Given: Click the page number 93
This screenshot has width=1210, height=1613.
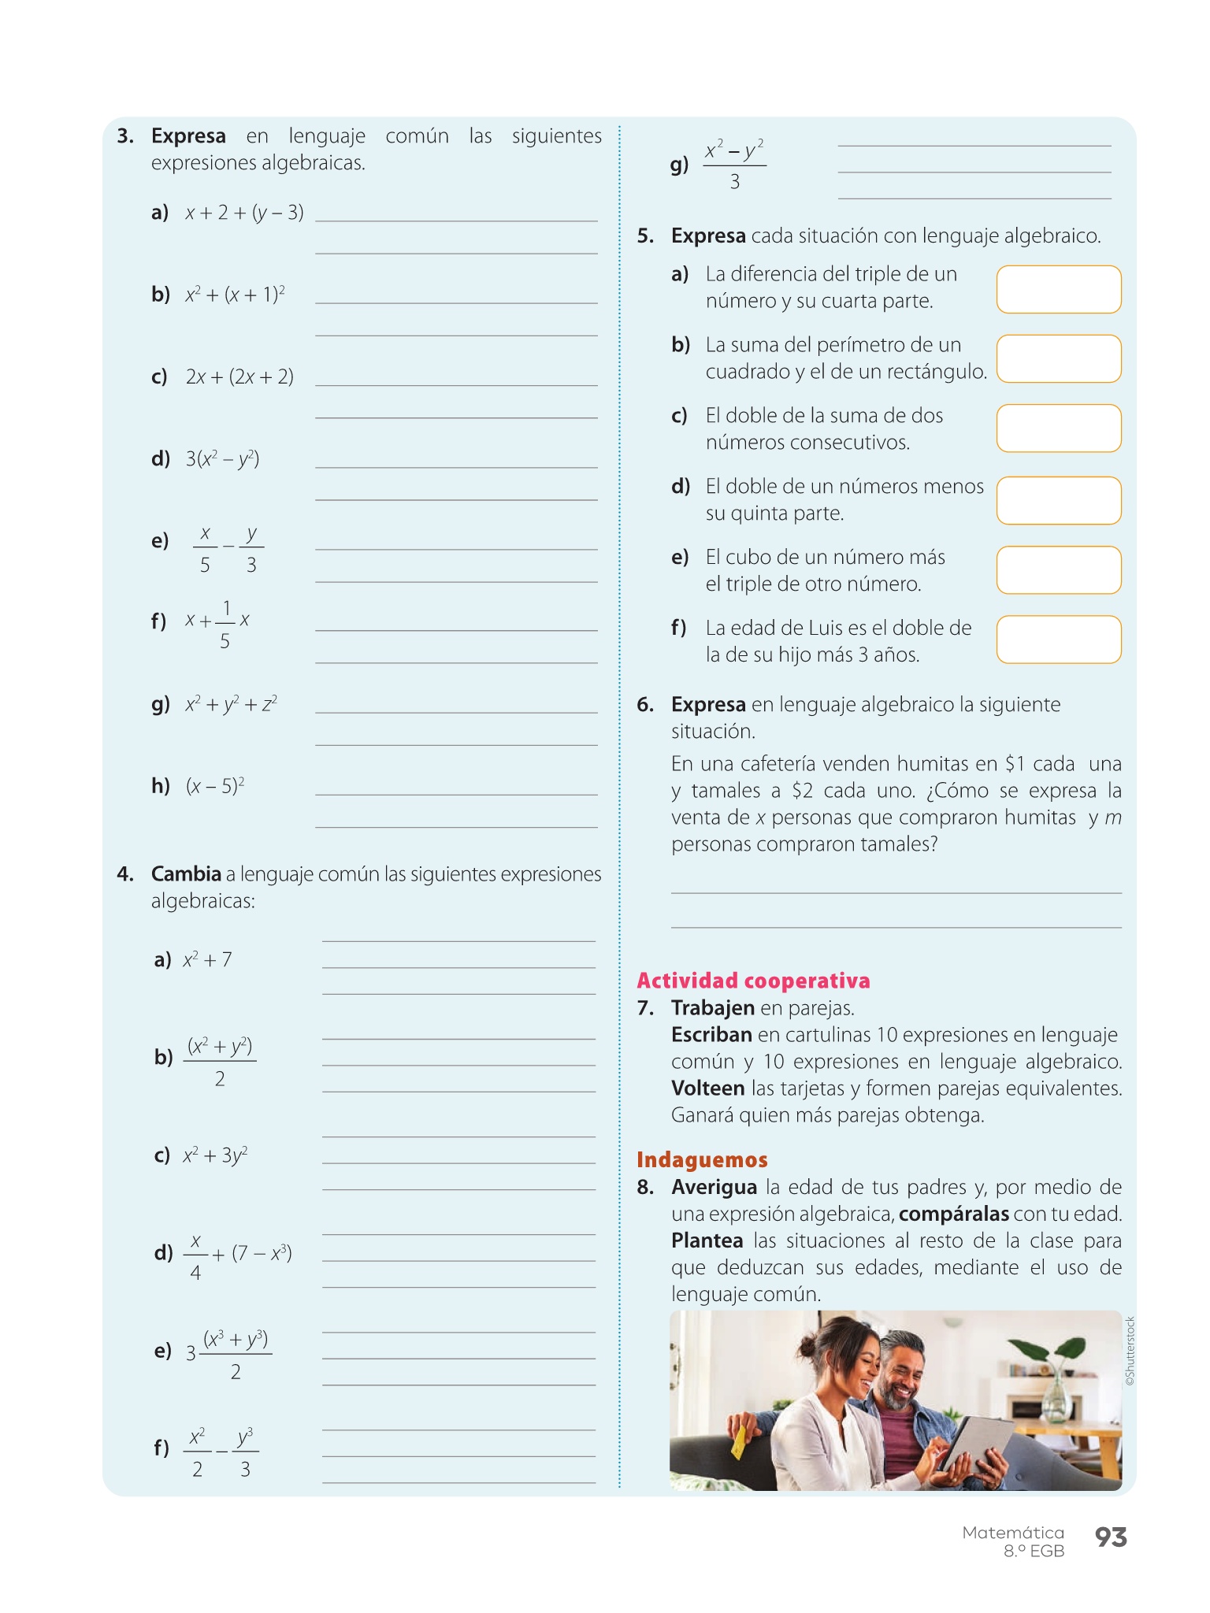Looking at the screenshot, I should [1111, 1537].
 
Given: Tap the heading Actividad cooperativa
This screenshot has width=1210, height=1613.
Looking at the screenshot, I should [753, 981].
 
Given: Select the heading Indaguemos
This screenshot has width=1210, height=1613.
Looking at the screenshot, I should [702, 1159].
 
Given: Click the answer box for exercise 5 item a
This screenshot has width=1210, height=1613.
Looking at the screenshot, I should [1059, 289].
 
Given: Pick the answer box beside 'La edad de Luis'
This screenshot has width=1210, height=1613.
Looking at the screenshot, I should [1059, 640].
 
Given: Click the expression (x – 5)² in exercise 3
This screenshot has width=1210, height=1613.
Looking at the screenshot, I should [215, 786].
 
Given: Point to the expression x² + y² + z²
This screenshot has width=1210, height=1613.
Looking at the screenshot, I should [231, 704].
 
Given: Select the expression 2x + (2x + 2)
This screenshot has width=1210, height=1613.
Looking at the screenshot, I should [239, 376].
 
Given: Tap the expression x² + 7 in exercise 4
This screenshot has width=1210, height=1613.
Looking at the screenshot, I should [207, 959].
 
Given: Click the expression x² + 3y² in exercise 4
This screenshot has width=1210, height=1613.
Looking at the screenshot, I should [215, 1155].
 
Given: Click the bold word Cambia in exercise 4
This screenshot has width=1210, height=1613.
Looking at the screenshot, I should [186, 874].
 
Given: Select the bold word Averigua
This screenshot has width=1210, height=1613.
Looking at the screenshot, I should [714, 1187].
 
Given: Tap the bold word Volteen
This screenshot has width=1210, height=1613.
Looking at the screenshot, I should [707, 1088].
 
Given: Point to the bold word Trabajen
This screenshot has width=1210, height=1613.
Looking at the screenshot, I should [712, 1008].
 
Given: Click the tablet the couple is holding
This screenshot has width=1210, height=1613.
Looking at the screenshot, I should [975, 1441].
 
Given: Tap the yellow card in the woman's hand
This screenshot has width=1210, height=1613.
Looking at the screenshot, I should [738, 1440].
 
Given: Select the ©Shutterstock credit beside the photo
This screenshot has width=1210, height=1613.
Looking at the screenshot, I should [1130, 1351].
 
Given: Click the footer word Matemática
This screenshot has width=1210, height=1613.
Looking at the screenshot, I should [1012, 1533].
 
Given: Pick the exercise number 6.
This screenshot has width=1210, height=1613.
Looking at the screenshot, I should [645, 704].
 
